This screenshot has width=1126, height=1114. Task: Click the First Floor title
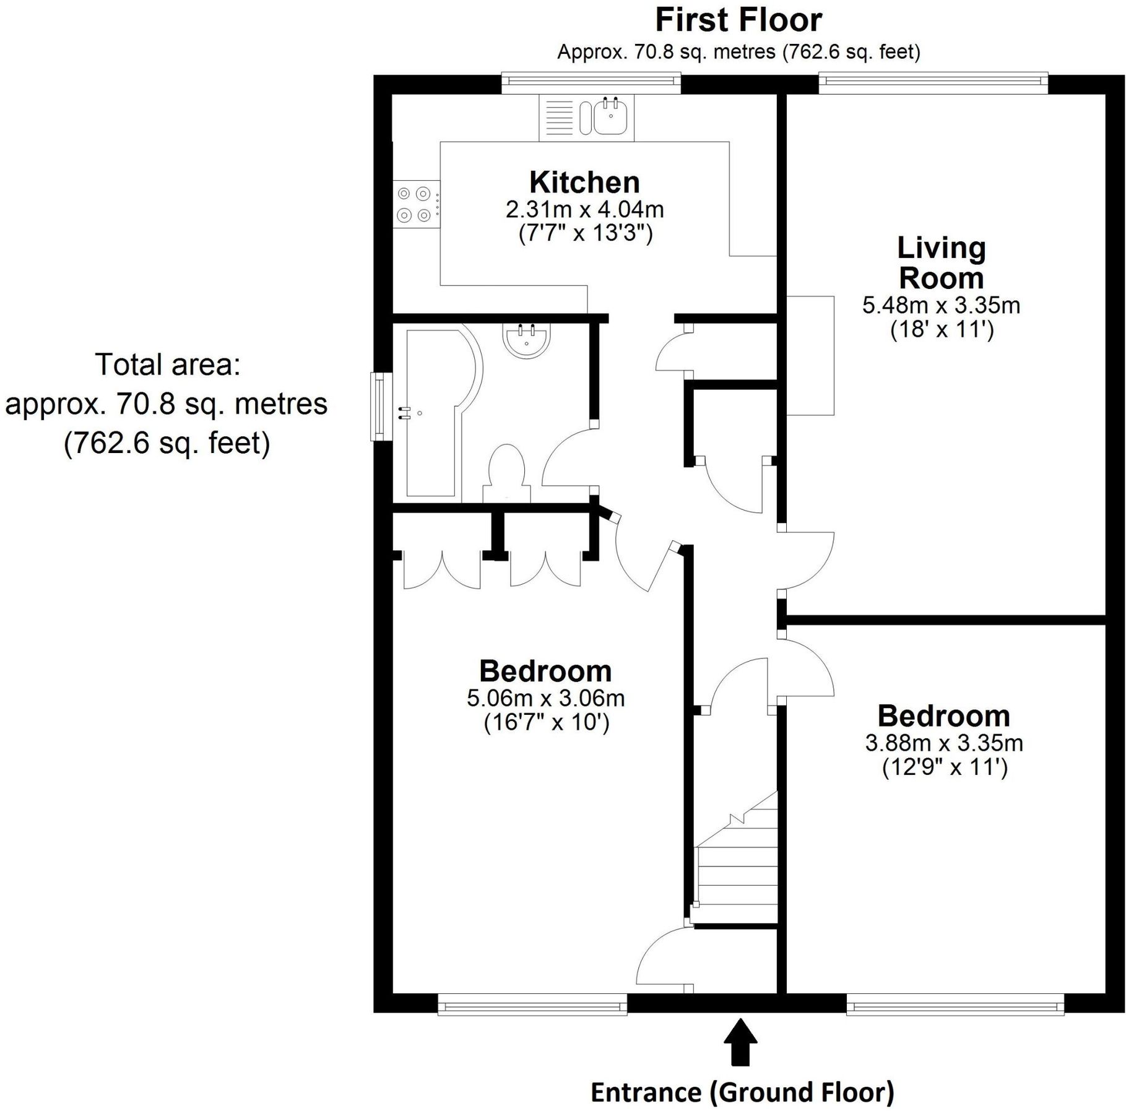click(x=738, y=20)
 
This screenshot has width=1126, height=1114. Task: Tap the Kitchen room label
click(x=584, y=183)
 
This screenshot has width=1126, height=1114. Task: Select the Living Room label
click(x=941, y=262)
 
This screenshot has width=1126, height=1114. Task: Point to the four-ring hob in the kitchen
click(x=414, y=204)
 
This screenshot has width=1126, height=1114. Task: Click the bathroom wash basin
click(x=526, y=340)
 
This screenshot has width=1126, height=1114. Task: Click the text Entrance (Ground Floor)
click(x=742, y=1092)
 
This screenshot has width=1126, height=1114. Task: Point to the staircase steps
click(x=737, y=873)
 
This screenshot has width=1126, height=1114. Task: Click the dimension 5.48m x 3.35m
click(x=941, y=305)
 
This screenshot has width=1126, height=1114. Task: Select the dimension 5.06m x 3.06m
click(x=545, y=698)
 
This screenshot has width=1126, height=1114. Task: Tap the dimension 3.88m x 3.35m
click(x=944, y=743)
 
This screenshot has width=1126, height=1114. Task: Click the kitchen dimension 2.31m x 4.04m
click(x=584, y=210)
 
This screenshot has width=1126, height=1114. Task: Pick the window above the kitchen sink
click(x=591, y=82)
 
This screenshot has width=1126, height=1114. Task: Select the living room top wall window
click(x=933, y=82)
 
